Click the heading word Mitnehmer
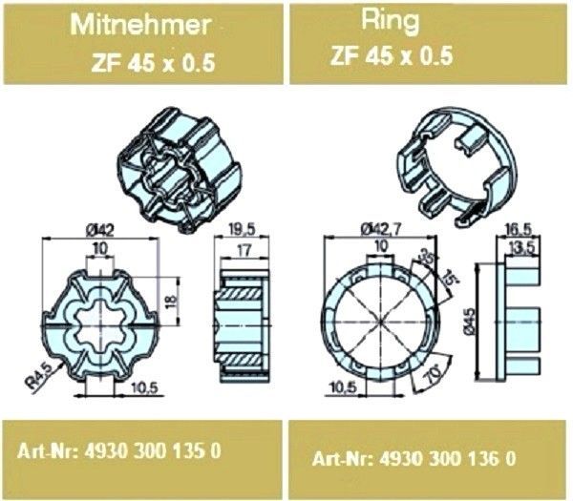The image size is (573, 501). [141, 25]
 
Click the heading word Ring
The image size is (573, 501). [391, 21]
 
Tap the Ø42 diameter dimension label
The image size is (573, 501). [100, 230]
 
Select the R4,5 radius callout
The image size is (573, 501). [39, 376]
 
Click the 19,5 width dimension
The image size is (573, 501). [242, 230]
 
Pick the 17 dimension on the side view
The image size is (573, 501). [244, 250]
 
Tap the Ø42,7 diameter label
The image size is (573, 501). [381, 229]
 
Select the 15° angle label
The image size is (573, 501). [450, 279]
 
